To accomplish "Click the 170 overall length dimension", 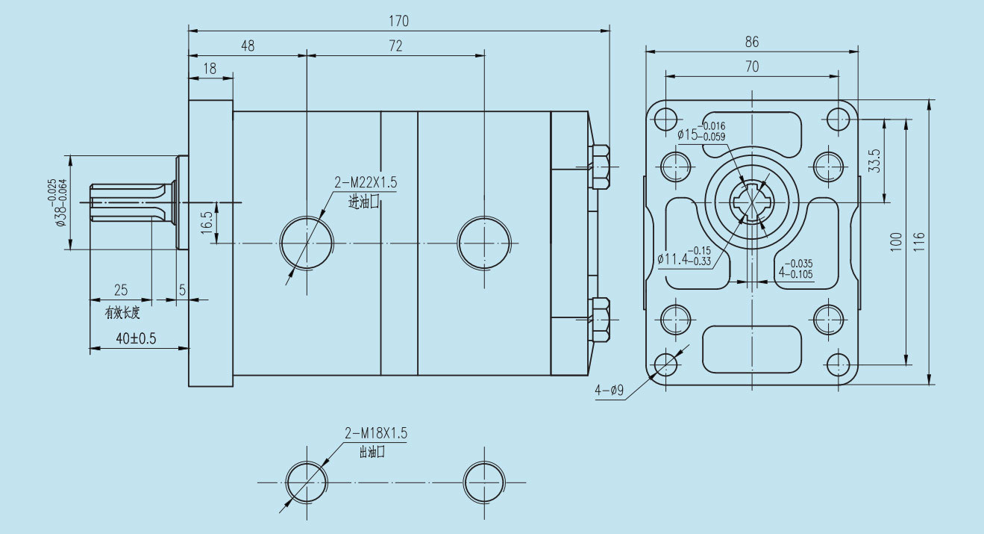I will pos(398,21).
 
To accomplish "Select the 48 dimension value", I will pos(248,46).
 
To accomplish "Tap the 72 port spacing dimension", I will pos(395,46).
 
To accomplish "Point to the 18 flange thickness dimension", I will pos(210,68).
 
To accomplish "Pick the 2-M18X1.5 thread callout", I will pos(376,433).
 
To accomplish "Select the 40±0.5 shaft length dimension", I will pos(136,338).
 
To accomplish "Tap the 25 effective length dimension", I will pos(120,289).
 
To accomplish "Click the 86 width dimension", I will pos(752,43).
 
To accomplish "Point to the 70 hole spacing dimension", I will pos(752,66).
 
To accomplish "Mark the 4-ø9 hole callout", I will pos(609,391).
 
